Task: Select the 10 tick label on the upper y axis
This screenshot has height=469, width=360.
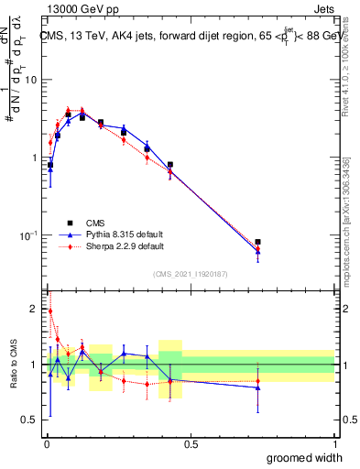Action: pos(31,80)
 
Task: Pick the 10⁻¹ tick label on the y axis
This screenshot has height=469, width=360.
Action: pos(29,235)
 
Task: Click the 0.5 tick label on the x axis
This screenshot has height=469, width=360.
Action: pos(191,444)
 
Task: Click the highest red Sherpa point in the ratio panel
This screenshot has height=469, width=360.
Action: pos(49,311)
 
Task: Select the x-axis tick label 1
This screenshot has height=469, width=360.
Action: pos(333,444)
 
